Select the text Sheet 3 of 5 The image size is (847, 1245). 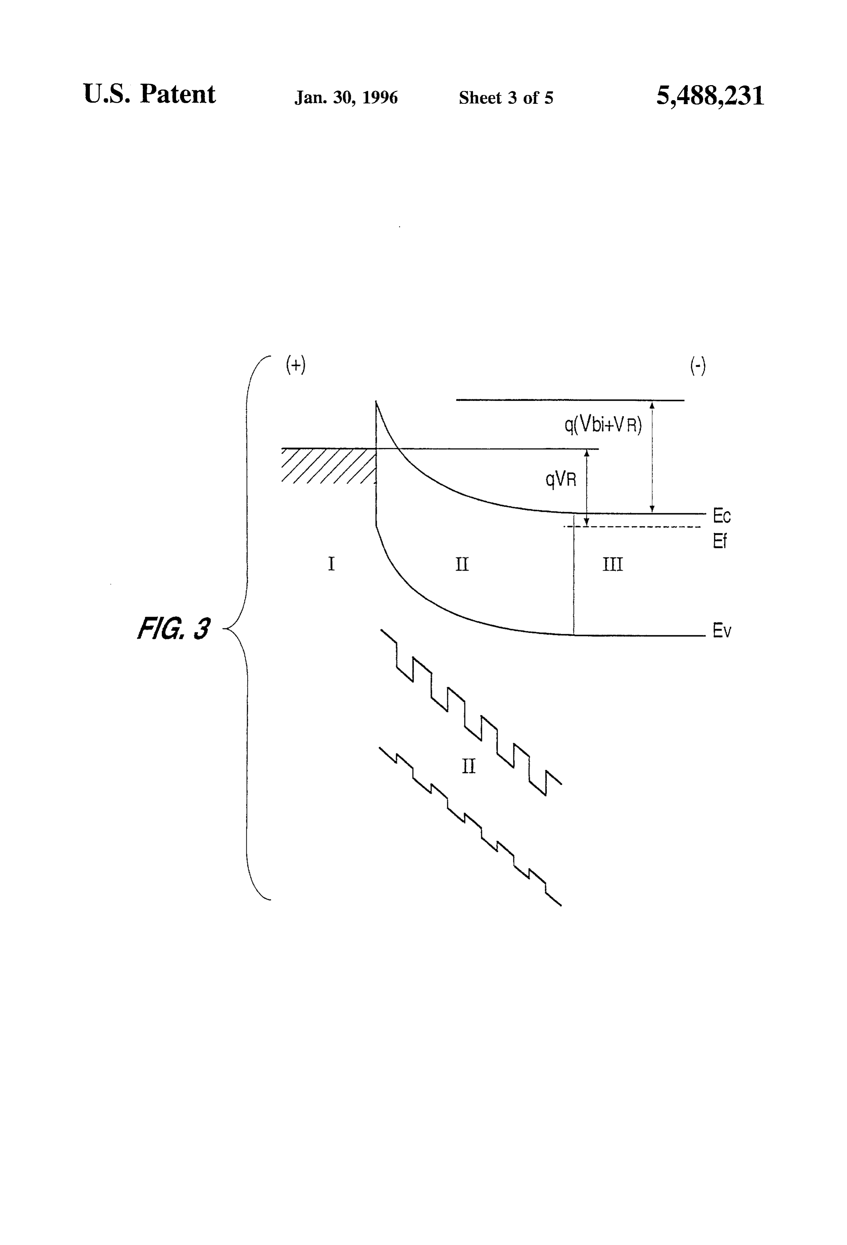(506, 98)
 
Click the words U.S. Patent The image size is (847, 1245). (149, 94)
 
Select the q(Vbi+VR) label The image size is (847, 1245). (603, 425)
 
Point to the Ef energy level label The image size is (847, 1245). (720, 541)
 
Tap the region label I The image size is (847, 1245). (331, 564)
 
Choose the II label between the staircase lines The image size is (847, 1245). (468, 766)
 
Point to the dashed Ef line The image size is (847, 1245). (632, 527)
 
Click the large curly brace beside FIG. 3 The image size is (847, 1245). (247, 628)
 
